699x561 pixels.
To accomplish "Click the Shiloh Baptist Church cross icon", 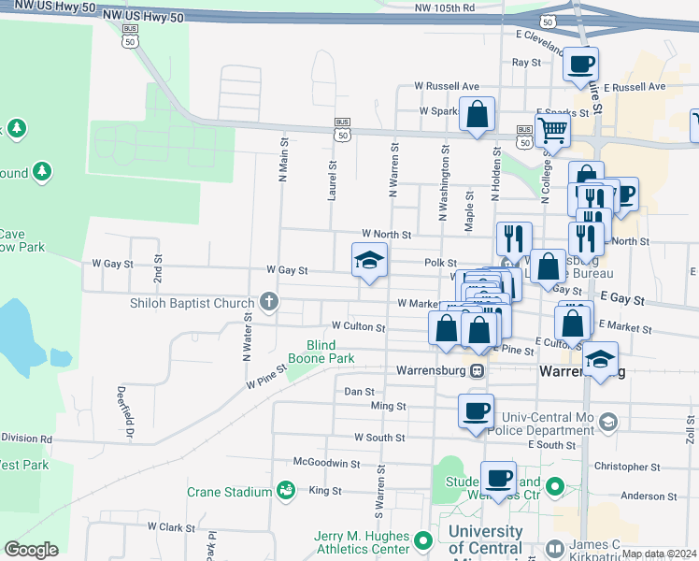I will [269, 301].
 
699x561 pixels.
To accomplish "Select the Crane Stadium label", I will [229, 492].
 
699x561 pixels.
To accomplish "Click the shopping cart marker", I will [552, 131].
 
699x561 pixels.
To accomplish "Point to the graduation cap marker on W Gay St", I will [369, 260].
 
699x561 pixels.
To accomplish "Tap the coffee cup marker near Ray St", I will [580, 64].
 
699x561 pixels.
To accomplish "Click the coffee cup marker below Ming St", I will [476, 410].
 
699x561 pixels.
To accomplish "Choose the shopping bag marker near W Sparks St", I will [477, 116].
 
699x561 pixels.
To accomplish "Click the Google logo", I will [31, 549].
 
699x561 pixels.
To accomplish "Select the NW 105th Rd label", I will [445, 7].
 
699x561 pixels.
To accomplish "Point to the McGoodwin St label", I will [326, 463].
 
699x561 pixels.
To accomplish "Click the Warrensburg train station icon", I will [477, 369].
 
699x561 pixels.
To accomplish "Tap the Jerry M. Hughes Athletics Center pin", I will [422, 539].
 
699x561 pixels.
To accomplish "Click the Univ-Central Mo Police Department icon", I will [608, 422].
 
